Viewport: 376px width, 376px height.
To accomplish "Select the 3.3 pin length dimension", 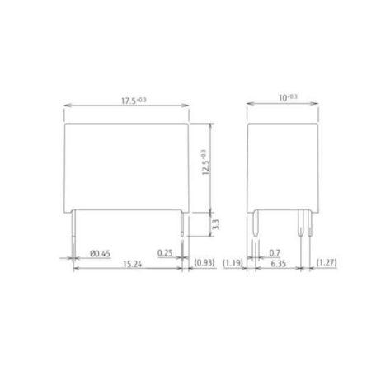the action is pos(216,224).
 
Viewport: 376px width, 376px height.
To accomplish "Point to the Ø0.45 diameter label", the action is pos(100,253).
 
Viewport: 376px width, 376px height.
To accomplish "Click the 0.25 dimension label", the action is pos(165,253).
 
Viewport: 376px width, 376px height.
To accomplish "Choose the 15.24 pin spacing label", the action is pos(132,264).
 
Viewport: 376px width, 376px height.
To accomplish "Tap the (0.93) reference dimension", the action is pos(204,262).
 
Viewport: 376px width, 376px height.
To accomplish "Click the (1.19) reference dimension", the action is pos(233,263).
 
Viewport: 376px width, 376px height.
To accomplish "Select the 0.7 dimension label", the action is pos(275,252).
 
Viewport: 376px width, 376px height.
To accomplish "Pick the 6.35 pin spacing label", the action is pos(279,264).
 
